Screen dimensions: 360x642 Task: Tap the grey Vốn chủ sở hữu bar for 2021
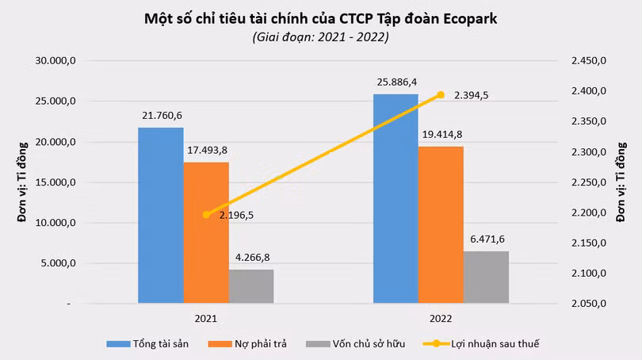251,286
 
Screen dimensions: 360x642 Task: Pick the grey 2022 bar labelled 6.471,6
486,278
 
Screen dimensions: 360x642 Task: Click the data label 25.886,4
396,82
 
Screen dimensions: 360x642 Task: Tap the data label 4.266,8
251,257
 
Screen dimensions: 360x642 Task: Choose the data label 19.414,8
441,134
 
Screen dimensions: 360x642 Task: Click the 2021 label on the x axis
205,319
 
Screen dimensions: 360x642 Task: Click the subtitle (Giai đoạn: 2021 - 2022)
320,36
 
